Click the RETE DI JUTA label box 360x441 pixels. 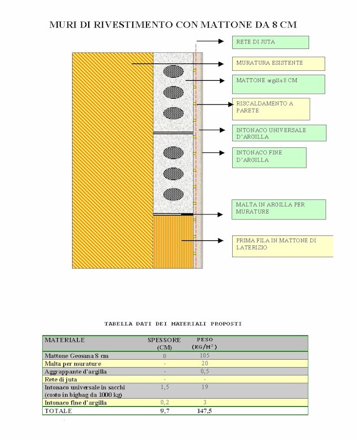point(271,42)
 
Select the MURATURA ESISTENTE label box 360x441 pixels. point(279,63)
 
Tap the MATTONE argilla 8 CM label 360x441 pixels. point(279,84)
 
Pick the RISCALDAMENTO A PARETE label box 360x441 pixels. point(271,109)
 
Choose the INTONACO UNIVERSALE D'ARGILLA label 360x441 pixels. point(279,133)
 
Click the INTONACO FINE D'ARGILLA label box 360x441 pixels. point(269,158)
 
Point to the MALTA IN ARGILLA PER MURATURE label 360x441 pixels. point(279,209)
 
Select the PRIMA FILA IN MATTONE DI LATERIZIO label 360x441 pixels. point(282,246)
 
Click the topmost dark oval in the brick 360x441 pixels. point(173,71)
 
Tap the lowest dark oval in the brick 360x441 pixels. point(173,194)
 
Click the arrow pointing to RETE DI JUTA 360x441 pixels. point(210,42)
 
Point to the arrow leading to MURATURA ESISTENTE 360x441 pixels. point(178,64)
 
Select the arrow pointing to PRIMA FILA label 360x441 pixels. point(202,241)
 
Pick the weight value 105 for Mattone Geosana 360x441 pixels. point(205,355)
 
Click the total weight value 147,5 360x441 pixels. point(205,411)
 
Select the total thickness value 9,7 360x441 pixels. point(164,411)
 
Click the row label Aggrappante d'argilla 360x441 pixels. point(76,371)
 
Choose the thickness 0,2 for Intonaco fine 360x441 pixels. point(164,402)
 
